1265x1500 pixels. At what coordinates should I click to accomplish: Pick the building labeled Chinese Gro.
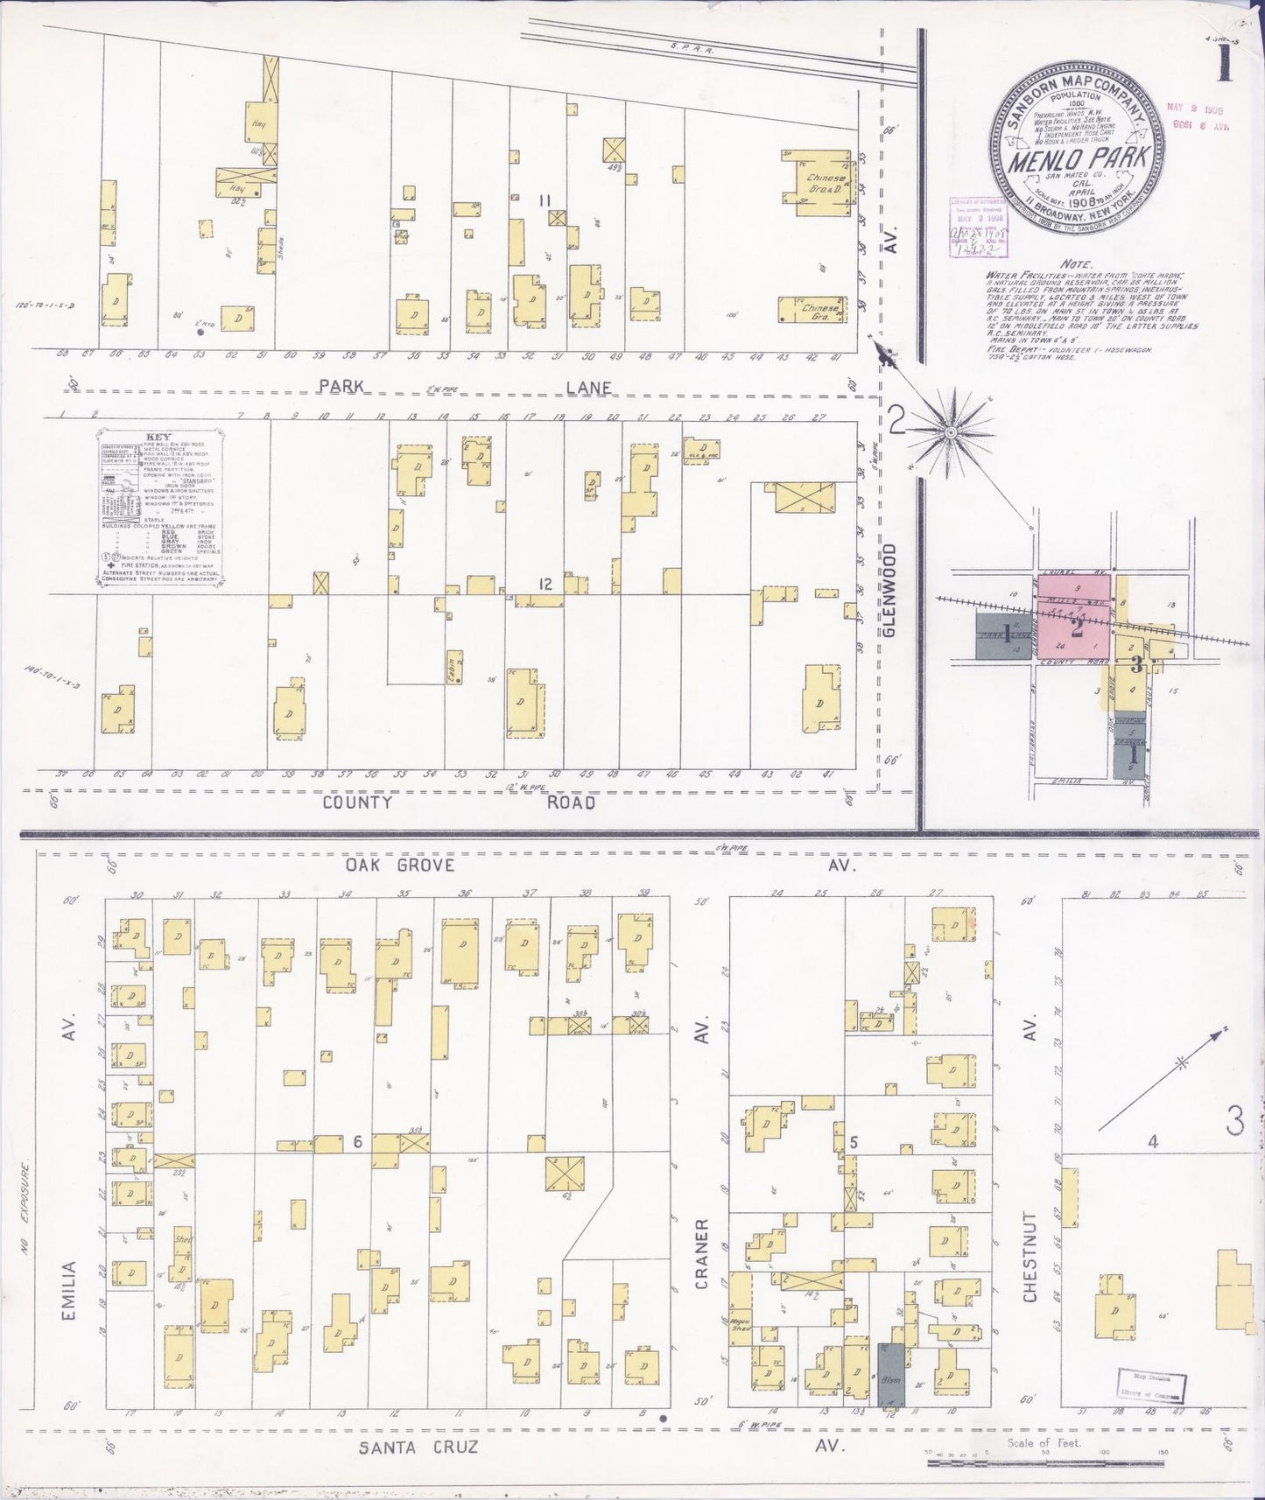point(813,309)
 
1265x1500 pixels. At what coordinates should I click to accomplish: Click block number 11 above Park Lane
point(545,201)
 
